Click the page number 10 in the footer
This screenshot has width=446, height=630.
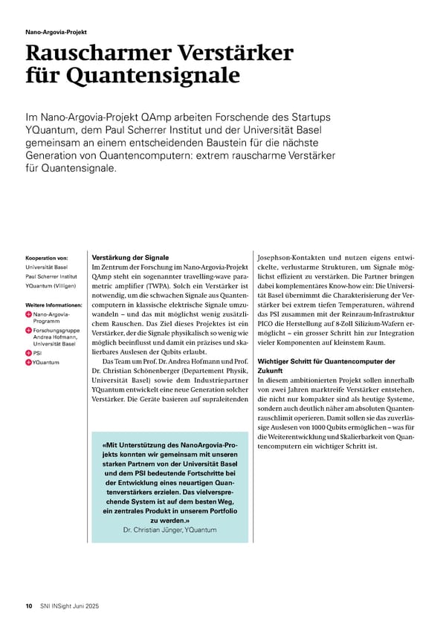point(29,605)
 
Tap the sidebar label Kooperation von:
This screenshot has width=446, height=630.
point(47,258)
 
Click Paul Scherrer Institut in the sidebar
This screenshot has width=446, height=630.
point(52,276)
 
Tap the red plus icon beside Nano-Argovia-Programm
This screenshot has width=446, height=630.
point(29,315)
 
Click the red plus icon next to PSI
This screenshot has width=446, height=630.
point(29,353)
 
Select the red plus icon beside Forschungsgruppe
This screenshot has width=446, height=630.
point(29,330)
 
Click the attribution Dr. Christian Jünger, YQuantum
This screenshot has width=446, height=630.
point(171,530)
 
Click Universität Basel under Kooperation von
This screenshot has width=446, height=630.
point(46,267)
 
